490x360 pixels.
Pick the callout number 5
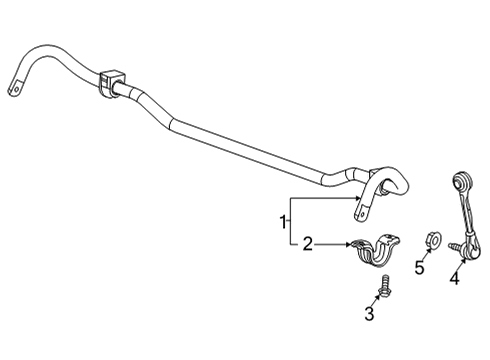(420, 267)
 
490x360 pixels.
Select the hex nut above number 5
(423, 240)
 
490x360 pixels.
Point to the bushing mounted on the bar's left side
(109, 82)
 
